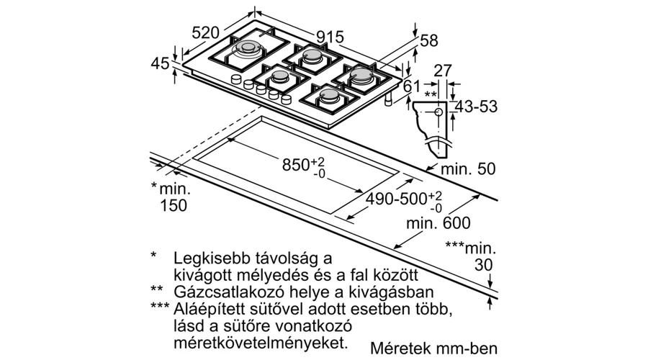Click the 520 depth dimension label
point(206,32)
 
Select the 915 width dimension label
point(330,37)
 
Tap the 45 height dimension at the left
point(160,63)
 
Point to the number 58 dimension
point(429,40)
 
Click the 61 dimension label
point(411,86)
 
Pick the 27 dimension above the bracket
point(443,71)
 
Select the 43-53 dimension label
point(476,107)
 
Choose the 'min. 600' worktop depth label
point(438,224)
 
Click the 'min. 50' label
point(468,169)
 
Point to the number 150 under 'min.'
point(173,205)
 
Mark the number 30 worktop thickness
point(484,265)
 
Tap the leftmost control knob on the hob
point(236,79)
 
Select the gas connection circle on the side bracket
point(438,112)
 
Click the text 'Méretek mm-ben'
point(434,348)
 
